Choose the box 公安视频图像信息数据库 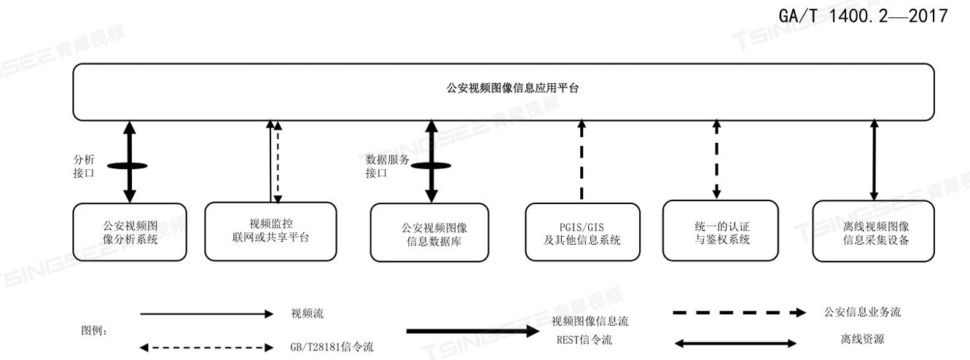429,232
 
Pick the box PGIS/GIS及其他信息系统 582,232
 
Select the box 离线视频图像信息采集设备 873,232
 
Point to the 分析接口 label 85,165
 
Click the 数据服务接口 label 385,165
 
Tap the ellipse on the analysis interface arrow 129,165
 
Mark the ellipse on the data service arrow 431,165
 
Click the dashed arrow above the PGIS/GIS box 582,160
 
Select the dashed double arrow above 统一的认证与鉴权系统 717,160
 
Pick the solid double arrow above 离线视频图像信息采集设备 872,160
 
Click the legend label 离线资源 850,339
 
